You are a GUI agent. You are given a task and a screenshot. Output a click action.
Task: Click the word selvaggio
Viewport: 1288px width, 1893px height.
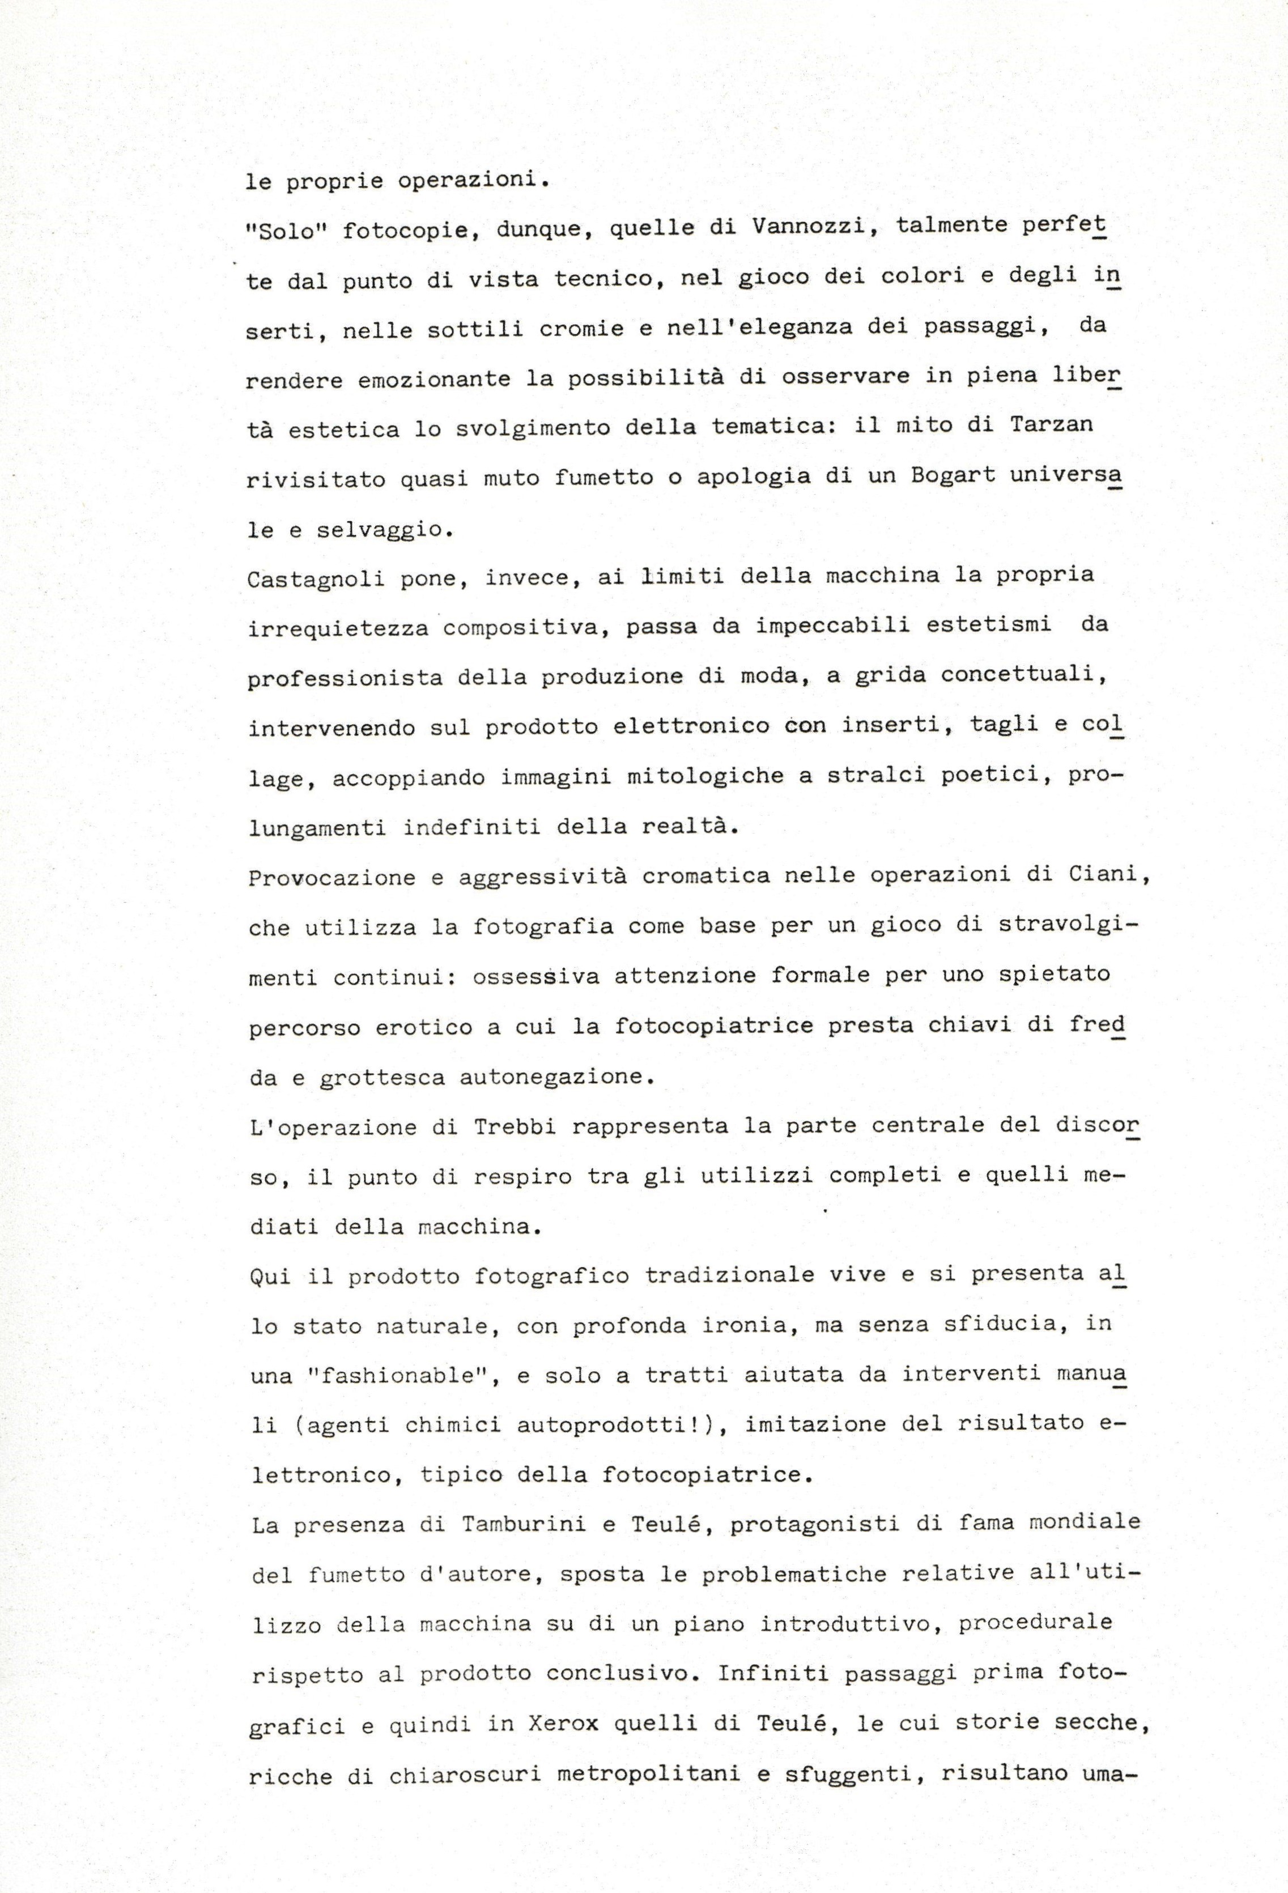point(379,529)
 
